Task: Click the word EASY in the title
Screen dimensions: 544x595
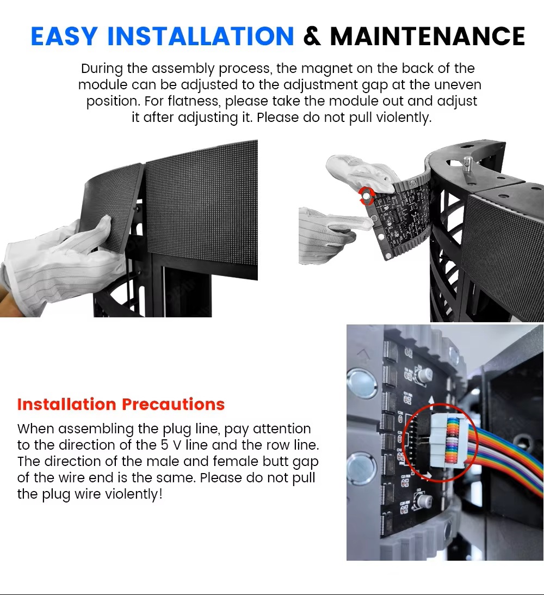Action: (64, 36)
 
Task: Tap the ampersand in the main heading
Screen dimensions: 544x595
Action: (312, 36)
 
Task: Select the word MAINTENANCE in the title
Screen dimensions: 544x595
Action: (427, 36)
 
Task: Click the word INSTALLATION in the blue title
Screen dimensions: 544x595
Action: (201, 36)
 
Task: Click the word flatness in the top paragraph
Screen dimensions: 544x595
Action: (193, 101)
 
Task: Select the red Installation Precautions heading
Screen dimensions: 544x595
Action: (121, 404)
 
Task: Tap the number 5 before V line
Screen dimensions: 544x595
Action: (164, 445)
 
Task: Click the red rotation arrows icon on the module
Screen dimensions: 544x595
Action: (367, 196)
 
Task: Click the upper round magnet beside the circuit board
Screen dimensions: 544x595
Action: (362, 383)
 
